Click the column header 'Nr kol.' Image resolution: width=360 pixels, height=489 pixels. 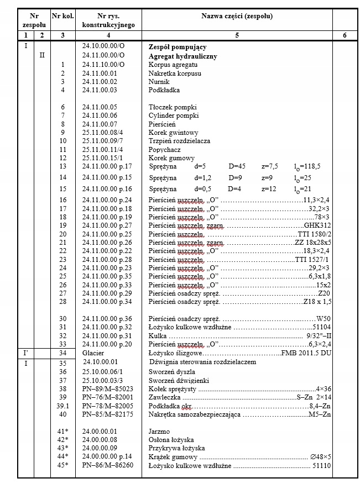tap(62, 17)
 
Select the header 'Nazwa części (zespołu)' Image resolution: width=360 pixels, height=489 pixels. tap(237, 17)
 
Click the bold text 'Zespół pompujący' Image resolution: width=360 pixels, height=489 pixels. tap(174, 48)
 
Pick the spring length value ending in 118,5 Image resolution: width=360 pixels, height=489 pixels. tap(307, 166)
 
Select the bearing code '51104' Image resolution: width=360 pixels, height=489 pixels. tap(319, 327)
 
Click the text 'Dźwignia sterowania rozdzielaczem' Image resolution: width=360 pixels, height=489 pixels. tap(203, 362)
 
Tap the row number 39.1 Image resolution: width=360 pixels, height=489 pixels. tap(63, 406)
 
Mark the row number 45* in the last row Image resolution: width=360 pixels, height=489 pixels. tap(63, 465)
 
